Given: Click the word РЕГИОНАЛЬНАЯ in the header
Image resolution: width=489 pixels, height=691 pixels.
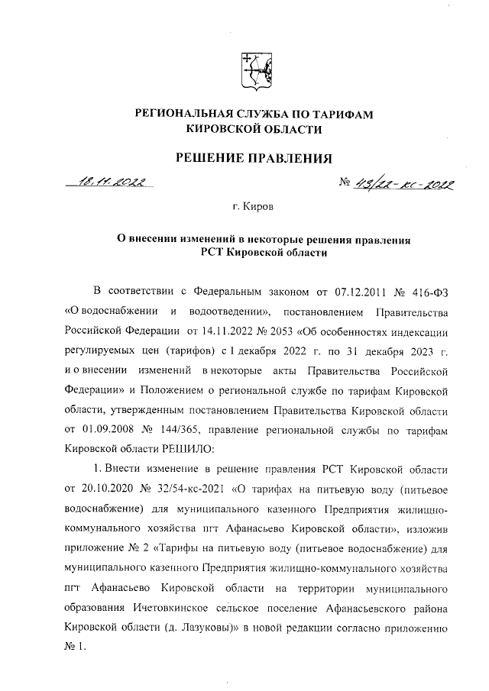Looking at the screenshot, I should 191,115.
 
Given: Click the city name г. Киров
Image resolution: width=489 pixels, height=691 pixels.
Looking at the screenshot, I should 251,207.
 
